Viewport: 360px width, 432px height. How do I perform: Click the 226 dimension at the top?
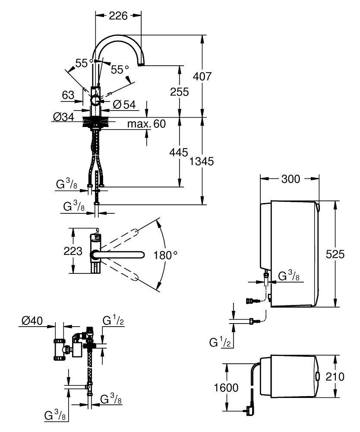[118, 16]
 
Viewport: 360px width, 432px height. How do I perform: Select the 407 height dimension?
[202, 76]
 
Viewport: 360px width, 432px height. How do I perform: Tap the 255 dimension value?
[180, 92]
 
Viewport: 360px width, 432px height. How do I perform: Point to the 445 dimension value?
[179, 152]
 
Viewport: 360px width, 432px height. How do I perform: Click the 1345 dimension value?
[202, 161]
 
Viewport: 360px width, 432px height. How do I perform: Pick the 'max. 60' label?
[146, 124]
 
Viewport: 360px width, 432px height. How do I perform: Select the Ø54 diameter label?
[124, 105]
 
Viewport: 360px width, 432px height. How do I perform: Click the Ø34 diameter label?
[63, 117]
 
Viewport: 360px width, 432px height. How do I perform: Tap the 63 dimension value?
[68, 95]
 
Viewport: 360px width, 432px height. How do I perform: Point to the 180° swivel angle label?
[165, 255]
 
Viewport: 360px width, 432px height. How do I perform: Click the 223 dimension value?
[73, 251]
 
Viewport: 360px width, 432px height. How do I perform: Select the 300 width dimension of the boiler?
[291, 179]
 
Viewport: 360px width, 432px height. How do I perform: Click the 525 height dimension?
[335, 254]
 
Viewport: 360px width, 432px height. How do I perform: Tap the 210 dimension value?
[335, 376]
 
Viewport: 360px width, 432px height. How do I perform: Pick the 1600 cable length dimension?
[226, 388]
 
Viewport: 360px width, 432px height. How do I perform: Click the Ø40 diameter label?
[32, 321]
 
